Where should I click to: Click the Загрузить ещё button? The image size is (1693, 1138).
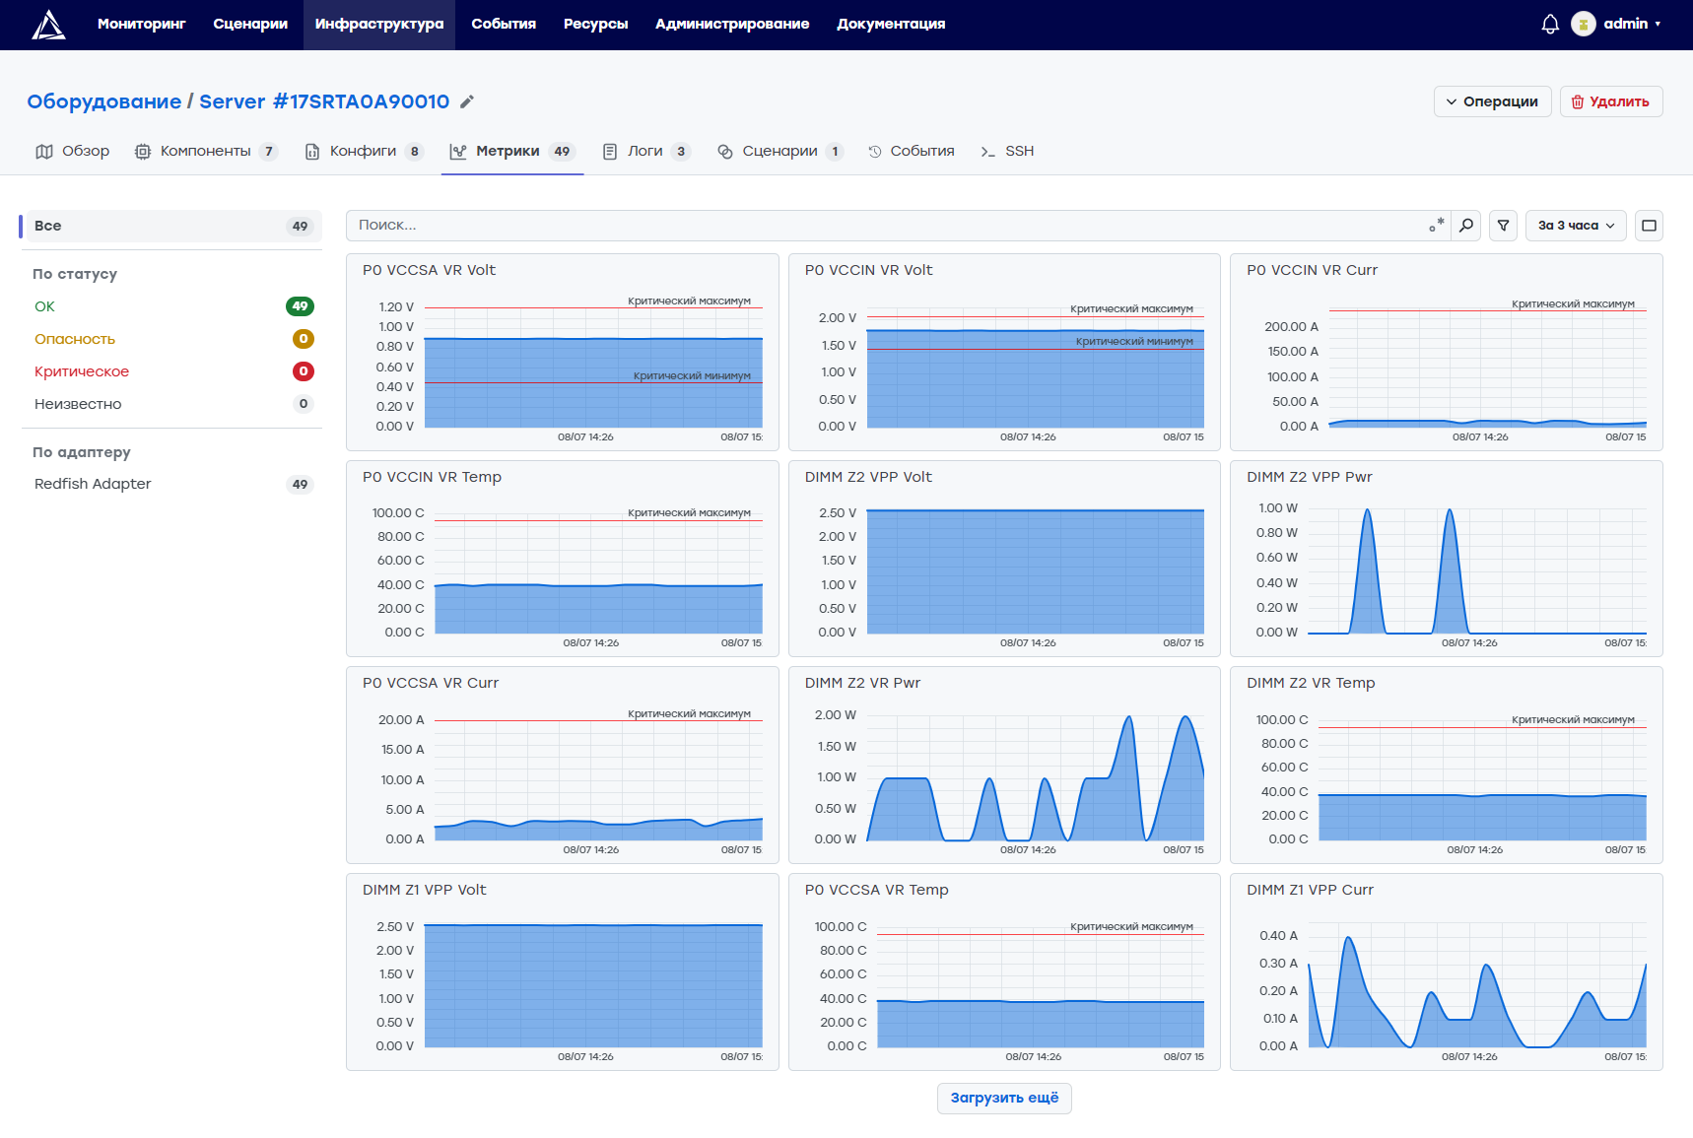(x=1004, y=1098)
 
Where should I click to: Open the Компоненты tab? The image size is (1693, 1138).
(x=206, y=151)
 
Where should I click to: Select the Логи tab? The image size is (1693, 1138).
(x=646, y=151)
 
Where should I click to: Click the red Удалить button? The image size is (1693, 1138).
(x=1611, y=101)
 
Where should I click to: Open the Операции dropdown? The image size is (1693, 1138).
(x=1493, y=101)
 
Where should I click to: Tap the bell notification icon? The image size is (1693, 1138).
(x=1550, y=24)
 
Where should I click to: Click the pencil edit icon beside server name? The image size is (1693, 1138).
(x=467, y=101)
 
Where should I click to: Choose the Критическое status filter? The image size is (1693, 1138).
(x=82, y=371)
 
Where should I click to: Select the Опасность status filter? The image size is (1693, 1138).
(x=75, y=339)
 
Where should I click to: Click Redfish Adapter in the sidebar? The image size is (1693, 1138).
(x=93, y=484)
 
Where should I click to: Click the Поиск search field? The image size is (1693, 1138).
(x=887, y=226)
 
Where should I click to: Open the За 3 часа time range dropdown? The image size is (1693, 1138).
(x=1576, y=226)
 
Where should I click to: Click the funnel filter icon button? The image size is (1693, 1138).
(x=1503, y=226)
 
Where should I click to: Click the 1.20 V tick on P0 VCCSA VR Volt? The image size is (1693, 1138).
(x=395, y=307)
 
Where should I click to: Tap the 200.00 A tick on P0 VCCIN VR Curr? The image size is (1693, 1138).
(x=1291, y=327)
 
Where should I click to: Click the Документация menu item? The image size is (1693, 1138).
(x=891, y=24)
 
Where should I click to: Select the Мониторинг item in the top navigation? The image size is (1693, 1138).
(x=142, y=24)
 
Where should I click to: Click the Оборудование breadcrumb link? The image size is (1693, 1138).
(x=104, y=101)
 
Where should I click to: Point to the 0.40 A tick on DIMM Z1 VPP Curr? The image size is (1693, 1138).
(x=1278, y=936)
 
